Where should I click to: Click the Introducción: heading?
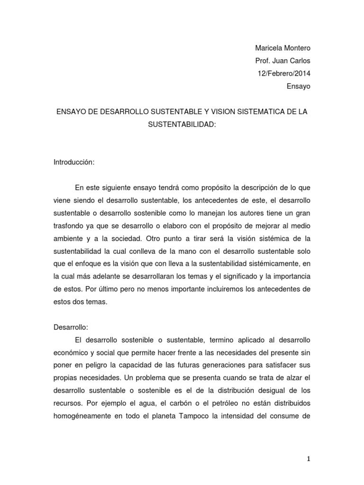tap(74, 162)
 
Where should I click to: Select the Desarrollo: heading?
tap(71, 327)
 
